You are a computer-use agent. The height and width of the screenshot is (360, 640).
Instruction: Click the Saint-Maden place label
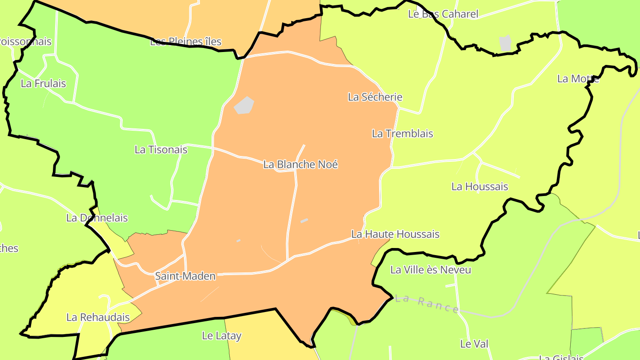[x=185, y=276]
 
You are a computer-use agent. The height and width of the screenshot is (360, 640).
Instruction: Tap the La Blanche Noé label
[x=300, y=164]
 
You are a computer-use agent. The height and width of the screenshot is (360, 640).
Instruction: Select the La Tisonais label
[x=161, y=150]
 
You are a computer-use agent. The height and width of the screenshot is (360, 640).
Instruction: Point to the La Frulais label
[x=44, y=84]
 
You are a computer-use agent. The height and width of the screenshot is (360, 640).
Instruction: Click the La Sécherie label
[x=375, y=97]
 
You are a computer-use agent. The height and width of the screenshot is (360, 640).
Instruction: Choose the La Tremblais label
[x=402, y=133]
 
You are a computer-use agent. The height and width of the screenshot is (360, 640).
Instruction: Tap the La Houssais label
[x=480, y=187]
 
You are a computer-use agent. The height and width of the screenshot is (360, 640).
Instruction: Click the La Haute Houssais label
[x=395, y=234]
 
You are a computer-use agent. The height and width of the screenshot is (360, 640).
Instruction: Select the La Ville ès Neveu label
[x=431, y=270]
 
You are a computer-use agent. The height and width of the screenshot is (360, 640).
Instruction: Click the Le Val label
[x=474, y=344]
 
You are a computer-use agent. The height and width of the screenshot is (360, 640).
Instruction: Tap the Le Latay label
[x=221, y=336]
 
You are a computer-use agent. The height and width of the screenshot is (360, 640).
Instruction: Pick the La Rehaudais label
[x=98, y=317]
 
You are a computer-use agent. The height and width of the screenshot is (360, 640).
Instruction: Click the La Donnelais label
[x=97, y=218]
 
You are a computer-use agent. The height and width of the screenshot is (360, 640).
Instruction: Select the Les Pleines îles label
[x=186, y=42]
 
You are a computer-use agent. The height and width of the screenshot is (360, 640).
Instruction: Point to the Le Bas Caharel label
[x=443, y=14]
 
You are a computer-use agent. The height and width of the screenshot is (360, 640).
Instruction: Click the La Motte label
[x=578, y=79]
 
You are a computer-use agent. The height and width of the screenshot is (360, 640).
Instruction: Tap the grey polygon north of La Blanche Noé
[x=244, y=105]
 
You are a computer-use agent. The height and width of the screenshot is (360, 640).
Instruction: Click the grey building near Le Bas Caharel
[x=505, y=43]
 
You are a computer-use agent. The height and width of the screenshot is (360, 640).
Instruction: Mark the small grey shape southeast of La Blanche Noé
[x=304, y=220]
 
